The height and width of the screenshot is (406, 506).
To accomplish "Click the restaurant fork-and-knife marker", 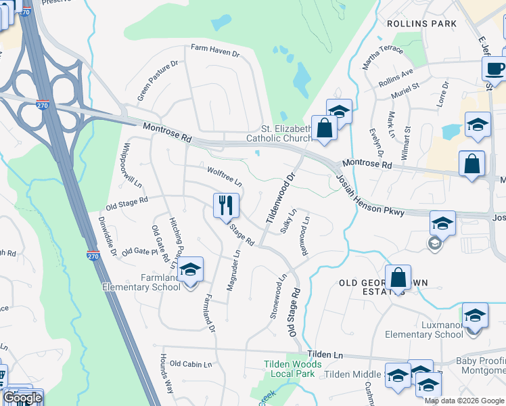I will coord(226,204).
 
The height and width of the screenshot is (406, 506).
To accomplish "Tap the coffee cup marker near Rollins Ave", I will coord(494,69).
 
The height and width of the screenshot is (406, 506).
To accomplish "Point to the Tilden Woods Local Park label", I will coord(290,369).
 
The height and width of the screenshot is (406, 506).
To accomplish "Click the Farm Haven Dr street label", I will coord(215,49).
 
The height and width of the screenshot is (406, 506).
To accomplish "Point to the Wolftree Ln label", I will coord(224,177).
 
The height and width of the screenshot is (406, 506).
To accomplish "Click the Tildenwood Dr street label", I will coord(281,199).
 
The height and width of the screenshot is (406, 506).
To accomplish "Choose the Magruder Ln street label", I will coord(233,270).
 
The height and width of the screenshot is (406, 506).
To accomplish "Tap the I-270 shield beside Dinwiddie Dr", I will coord(93,256).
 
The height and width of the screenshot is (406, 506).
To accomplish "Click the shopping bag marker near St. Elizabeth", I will coord(325,129).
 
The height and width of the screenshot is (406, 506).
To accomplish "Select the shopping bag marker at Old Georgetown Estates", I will coord(398,277).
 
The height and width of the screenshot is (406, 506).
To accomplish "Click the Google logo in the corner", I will coord(22,398).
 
